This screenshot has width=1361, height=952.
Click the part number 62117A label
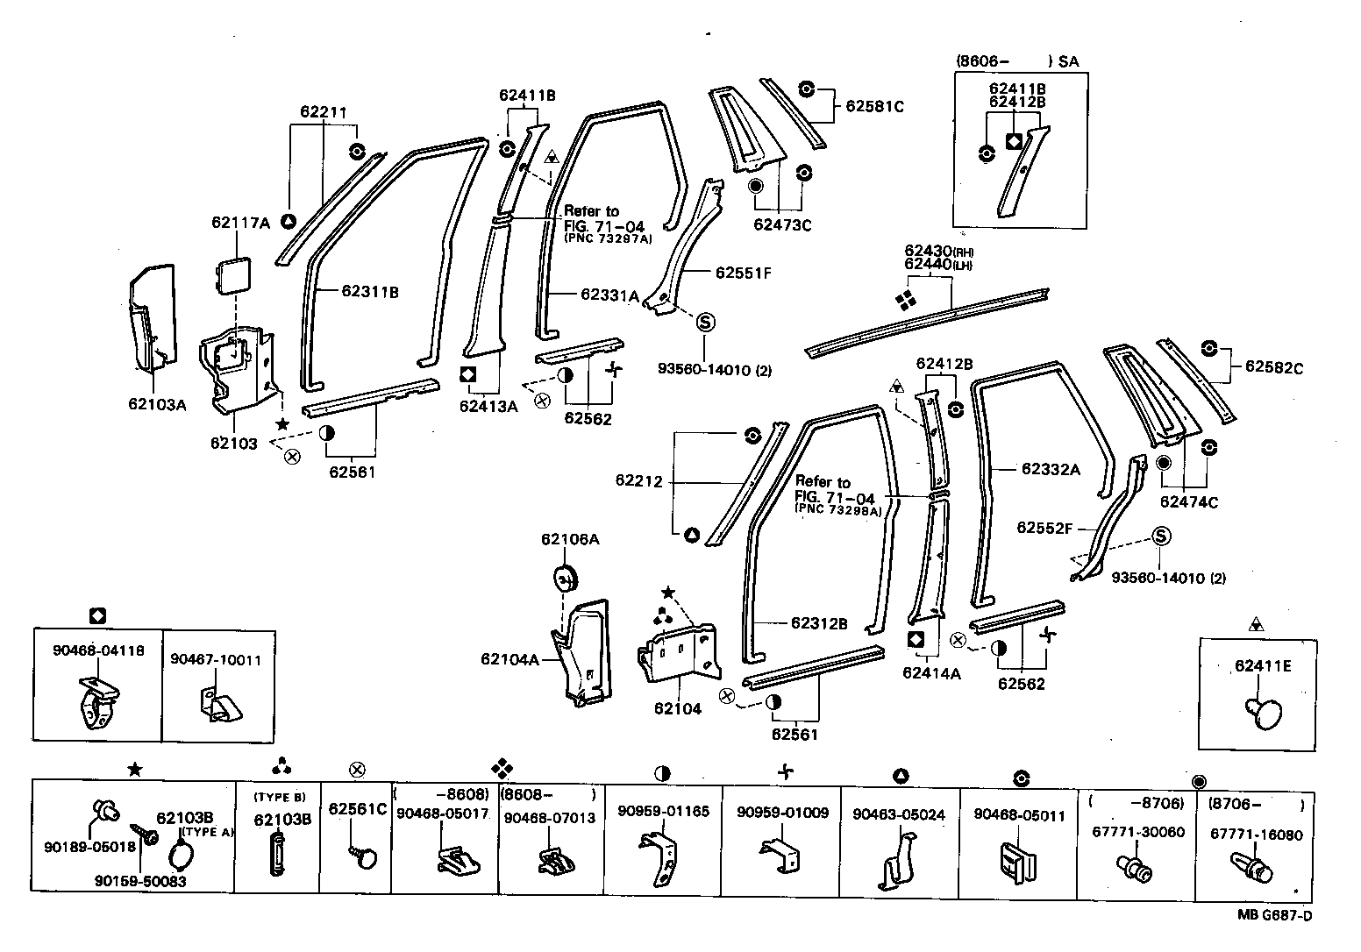240,223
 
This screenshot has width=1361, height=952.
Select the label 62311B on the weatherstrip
370,292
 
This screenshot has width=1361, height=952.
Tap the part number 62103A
157,404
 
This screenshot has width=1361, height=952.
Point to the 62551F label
743,273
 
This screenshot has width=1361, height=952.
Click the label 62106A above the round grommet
570,539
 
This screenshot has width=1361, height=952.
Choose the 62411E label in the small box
1263,665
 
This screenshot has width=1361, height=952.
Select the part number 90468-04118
98,650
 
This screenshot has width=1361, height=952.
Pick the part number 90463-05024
899,814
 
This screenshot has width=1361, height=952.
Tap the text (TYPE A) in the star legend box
207,832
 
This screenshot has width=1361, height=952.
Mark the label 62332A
1051,469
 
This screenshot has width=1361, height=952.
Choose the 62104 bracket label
677,708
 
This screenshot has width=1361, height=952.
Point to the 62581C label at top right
874,107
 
